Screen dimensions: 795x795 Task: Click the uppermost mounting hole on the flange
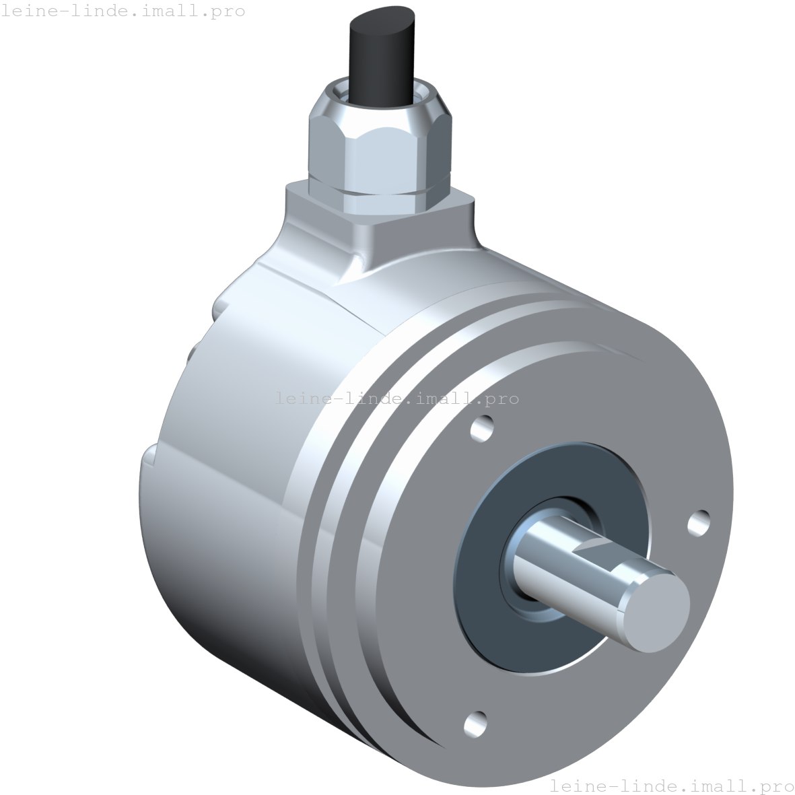482,428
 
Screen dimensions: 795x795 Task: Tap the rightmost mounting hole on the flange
698,523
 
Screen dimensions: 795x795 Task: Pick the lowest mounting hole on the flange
476,724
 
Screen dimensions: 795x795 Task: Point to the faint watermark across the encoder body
397,399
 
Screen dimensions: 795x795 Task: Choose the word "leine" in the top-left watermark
27,11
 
